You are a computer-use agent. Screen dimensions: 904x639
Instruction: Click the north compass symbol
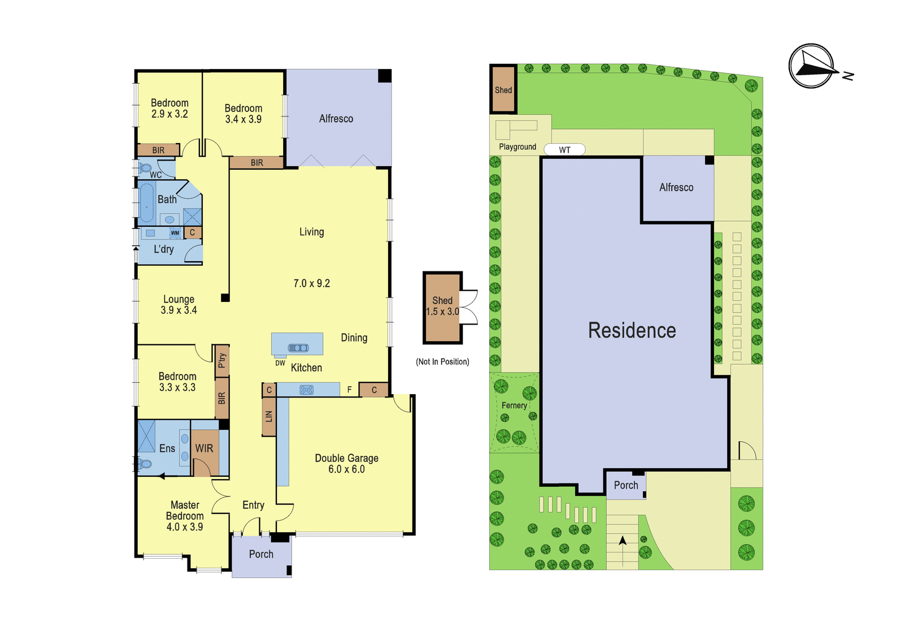[812, 66]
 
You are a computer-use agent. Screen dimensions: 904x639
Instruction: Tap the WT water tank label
[564, 150]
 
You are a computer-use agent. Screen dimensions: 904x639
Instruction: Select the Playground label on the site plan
[518, 146]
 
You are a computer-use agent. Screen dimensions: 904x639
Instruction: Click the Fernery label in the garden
[514, 405]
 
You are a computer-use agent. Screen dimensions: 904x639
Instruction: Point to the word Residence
[632, 330]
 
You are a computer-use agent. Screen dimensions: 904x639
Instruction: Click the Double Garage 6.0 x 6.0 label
[347, 463]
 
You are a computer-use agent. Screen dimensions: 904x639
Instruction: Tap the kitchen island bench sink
[298, 347]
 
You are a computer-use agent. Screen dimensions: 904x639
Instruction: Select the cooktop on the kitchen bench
[306, 390]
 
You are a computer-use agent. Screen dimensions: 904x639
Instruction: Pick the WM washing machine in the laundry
[175, 233]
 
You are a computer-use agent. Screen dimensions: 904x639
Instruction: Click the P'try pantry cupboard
[222, 361]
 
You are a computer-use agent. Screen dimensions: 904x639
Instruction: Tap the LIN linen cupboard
[269, 417]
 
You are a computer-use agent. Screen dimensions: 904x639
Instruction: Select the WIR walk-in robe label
[204, 448]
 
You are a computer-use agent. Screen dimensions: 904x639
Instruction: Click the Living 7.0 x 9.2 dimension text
[311, 283]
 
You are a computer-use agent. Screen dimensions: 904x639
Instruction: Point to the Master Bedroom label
[185, 511]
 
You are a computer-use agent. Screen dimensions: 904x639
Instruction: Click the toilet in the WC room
[144, 168]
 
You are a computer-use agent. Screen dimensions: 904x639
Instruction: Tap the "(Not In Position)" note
[442, 361]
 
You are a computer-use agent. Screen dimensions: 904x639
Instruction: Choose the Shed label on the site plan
[503, 90]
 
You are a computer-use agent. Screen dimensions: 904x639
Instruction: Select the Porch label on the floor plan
[261, 554]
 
